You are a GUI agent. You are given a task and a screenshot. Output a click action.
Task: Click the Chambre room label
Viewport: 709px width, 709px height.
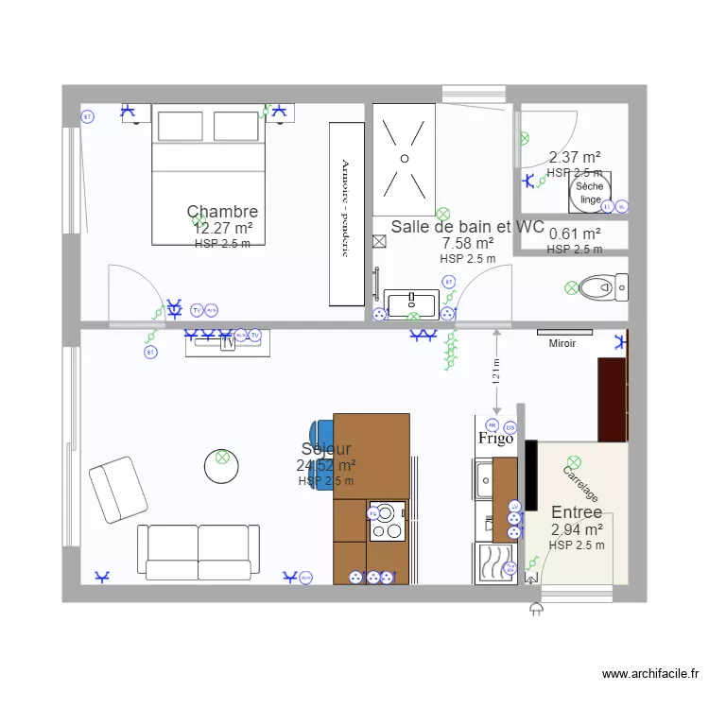click(222, 211)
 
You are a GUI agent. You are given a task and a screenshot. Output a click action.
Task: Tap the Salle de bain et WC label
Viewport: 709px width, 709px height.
click(467, 227)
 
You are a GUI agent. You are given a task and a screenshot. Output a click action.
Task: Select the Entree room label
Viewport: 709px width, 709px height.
click(577, 512)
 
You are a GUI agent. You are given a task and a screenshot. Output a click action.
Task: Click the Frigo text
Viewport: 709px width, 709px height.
click(495, 439)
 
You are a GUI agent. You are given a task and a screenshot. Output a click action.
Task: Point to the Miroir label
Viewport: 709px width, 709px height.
click(562, 344)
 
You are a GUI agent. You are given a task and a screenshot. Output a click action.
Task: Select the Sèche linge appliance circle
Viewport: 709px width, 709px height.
click(590, 193)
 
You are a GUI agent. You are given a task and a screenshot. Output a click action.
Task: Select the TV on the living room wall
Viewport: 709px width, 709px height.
click(228, 343)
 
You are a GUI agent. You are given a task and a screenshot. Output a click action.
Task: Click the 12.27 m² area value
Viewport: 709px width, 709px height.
click(222, 228)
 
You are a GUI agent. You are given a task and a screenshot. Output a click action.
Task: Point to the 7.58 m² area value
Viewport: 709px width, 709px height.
click(467, 243)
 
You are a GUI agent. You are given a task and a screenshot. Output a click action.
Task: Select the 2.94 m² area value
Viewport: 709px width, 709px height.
click(577, 529)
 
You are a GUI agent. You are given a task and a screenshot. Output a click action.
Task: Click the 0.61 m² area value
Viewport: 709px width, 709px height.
click(575, 234)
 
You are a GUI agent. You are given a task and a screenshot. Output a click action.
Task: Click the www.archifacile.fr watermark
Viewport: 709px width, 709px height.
click(650, 674)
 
